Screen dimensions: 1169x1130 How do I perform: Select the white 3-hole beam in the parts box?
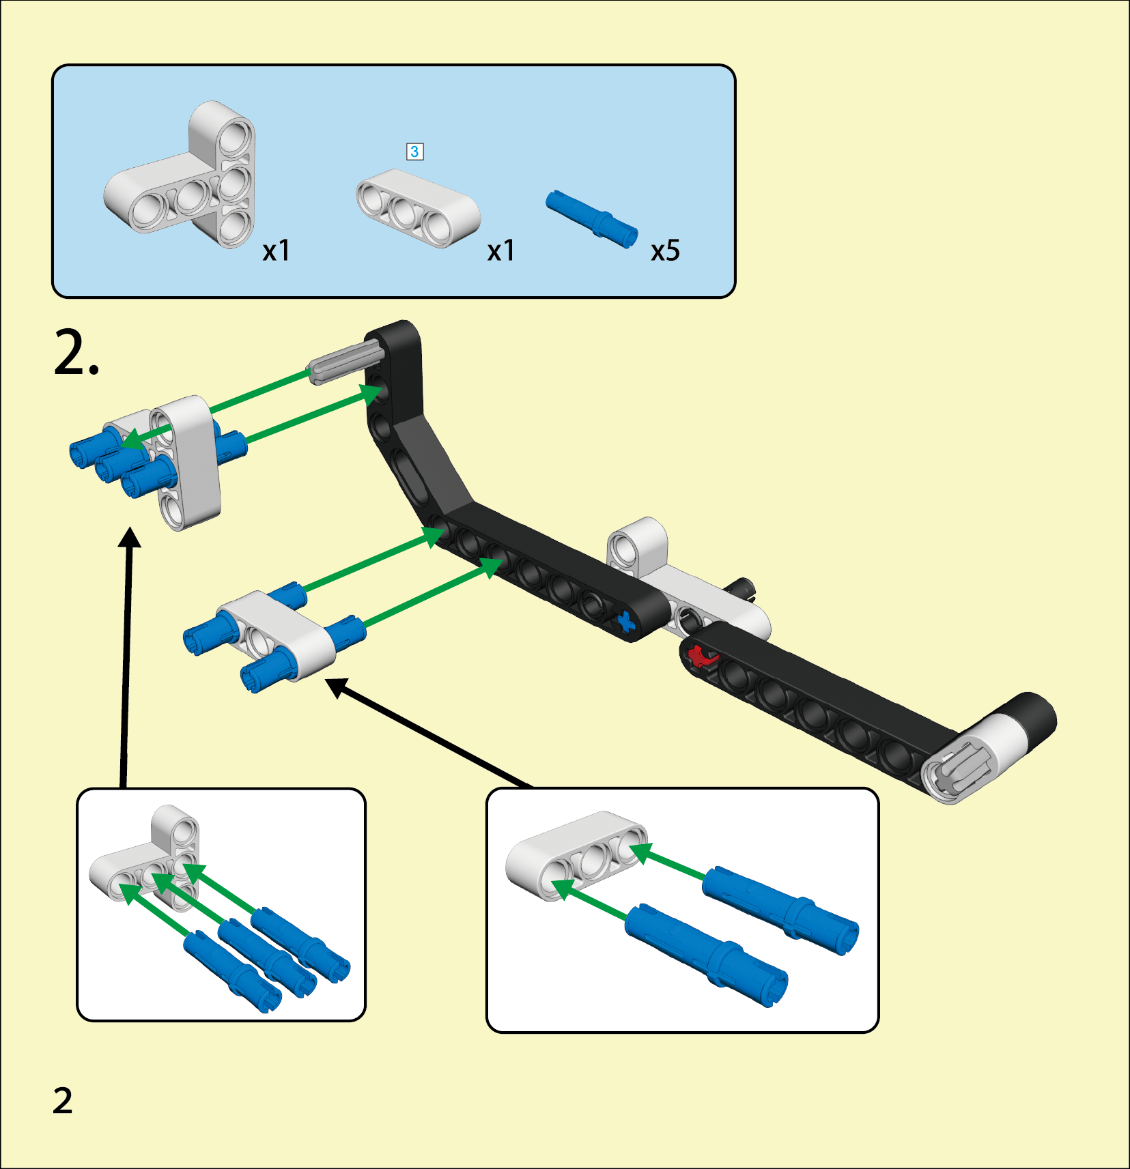click(x=418, y=207)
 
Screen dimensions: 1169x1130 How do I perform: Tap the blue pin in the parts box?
click(x=591, y=218)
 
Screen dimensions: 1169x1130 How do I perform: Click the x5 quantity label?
click(x=665, y=251)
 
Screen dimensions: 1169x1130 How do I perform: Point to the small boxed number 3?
click(x=414, y=151)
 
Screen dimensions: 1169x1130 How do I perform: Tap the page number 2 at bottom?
click(x=62, y=1101)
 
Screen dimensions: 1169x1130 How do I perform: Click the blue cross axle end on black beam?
click(x=625, y=622)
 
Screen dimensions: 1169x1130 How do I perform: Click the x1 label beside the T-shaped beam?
click(x=277, y=251)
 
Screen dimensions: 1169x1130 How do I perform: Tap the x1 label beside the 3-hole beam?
click(x=500, y=251)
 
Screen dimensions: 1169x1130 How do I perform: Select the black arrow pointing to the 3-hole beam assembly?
click(x=430, y=734)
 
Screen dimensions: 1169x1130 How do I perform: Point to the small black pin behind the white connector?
click(x=742, y=587)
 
